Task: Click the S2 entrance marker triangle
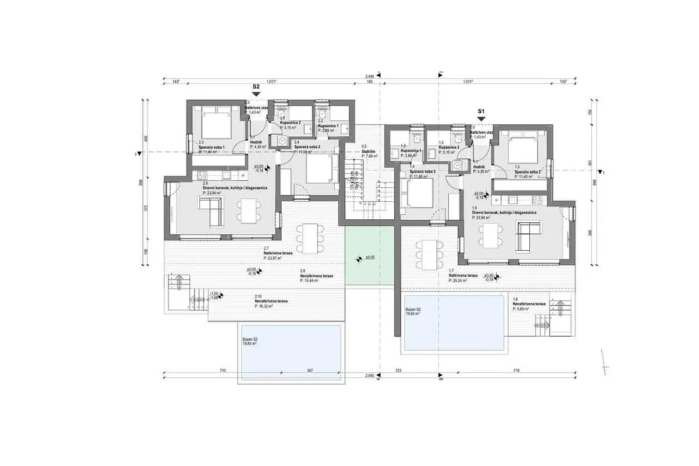(256, 96)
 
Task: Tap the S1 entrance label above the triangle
(481, 111)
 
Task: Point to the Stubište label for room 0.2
(368, 152)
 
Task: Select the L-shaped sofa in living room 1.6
(526, 234)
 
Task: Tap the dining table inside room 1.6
(488, 231)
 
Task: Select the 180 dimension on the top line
(369, 82)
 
